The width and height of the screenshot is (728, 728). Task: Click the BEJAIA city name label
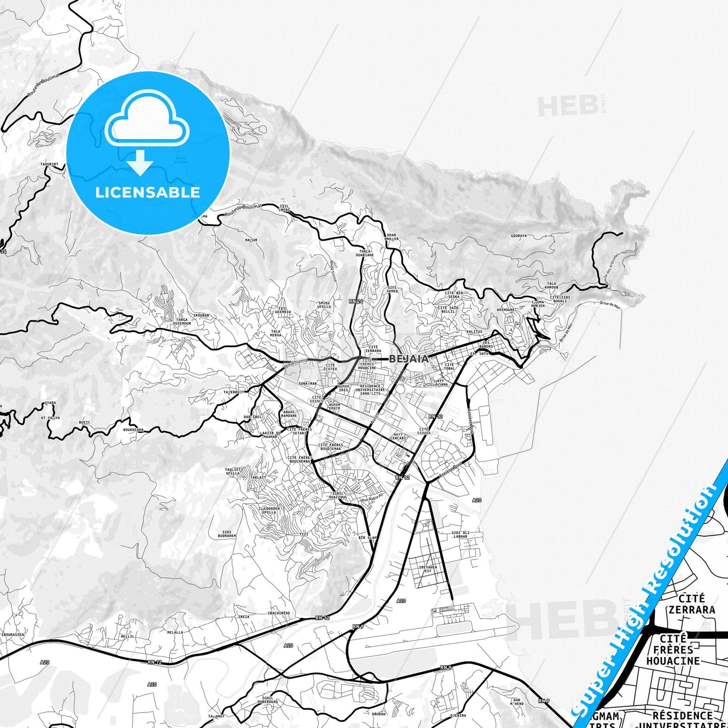coord(409,359)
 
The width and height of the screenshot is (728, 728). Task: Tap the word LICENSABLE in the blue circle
coord(148,192)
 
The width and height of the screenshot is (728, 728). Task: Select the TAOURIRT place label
coord(49,164)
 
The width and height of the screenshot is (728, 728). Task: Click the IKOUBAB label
coord(201,315)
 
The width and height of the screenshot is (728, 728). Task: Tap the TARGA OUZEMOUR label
coord(182,322)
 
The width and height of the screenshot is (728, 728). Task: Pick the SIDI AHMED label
coord(392,289)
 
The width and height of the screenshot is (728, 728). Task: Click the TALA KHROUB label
coord(551,285)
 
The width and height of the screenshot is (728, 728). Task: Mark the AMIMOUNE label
coord(505,310)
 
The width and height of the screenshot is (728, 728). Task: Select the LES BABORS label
coord(487,345)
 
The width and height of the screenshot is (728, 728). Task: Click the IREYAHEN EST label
coord(428,569)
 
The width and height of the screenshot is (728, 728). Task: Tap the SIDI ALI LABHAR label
coord(460,535)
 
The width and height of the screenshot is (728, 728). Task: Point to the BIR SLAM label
coord(367,538)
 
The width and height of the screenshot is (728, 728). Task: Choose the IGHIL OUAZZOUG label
coord(338,495)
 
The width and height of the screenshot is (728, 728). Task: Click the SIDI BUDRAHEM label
coord(229,534)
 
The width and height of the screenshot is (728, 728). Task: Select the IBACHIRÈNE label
coord(279,613)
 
